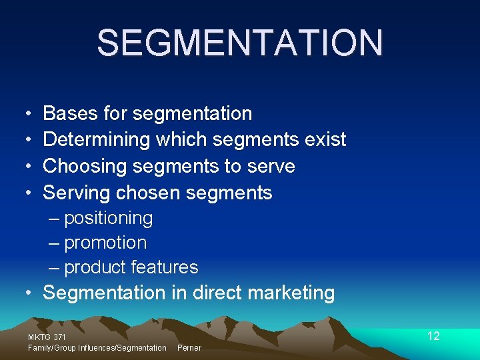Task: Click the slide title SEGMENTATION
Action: (x=240, y=43)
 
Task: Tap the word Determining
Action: (x=97, y=140)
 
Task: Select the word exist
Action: (x=325, y=140)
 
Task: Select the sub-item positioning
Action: (x=108, y=219)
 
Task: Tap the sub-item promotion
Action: (x=105, y=243)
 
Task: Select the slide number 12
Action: (x=433, y=336)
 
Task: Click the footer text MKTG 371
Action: (x=47, y=337)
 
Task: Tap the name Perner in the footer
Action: (x=189, y=348)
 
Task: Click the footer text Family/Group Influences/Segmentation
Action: (x=97, y=348)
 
